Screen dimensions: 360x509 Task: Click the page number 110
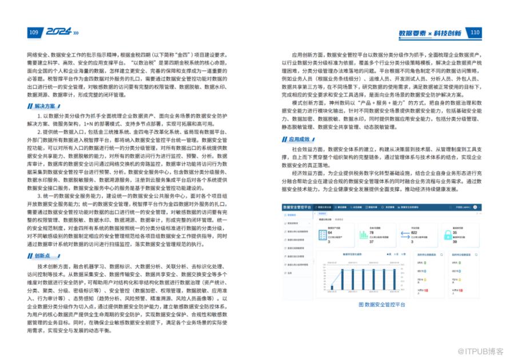(x=475, y=33)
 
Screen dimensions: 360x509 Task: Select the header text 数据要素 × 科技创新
(x=430, y=33)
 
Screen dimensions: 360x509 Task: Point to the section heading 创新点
(x=42, y=255)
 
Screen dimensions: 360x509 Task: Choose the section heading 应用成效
(x=299, y=139)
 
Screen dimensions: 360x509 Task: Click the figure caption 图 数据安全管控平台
(x=381, y=305)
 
